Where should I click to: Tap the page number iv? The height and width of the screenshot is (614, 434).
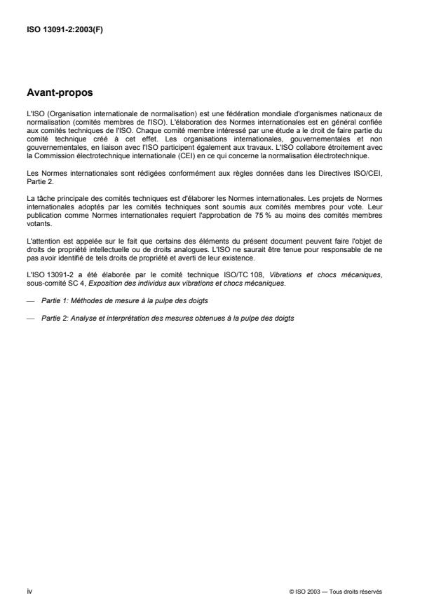click(x=29, y=591)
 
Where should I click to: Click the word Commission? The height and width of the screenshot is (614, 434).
click(x=52, y=147)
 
